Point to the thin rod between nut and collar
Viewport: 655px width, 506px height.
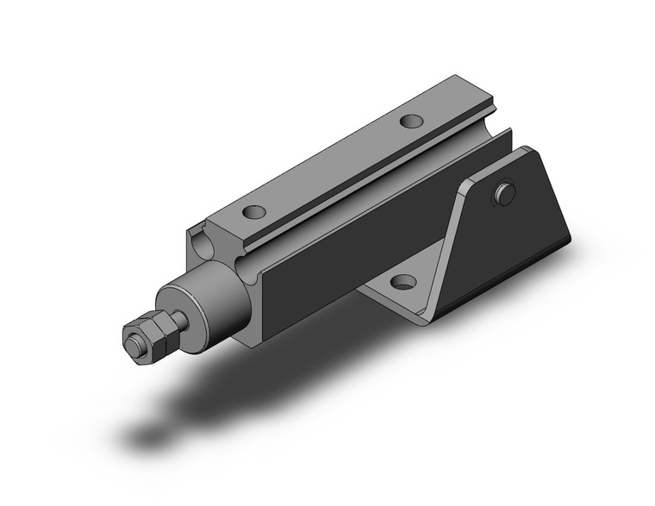point(178,321)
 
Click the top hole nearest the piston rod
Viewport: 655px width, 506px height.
point(254,209)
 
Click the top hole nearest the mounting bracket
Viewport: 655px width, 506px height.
point(413,122)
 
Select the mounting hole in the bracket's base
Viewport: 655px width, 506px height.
point(401,281)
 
